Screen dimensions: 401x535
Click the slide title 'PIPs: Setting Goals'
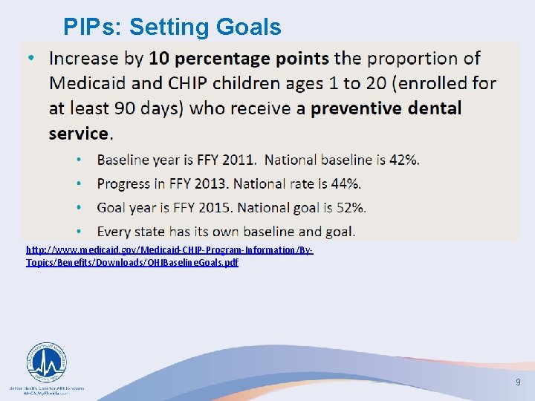[x=172, y=27]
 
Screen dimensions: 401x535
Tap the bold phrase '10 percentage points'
[x=239, y=58]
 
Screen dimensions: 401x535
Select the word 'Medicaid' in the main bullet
[x=84, y=83]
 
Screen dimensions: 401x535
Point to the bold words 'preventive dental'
[x=386, y=108]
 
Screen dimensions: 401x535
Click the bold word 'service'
[x=78, y=134]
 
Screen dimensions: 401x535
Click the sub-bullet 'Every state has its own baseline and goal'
[x=226, y=231]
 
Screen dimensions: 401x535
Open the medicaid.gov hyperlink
[x=169, y=256]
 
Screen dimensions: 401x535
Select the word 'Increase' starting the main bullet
[x=84, y=58]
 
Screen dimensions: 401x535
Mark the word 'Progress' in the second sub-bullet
[x=123, y=183]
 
